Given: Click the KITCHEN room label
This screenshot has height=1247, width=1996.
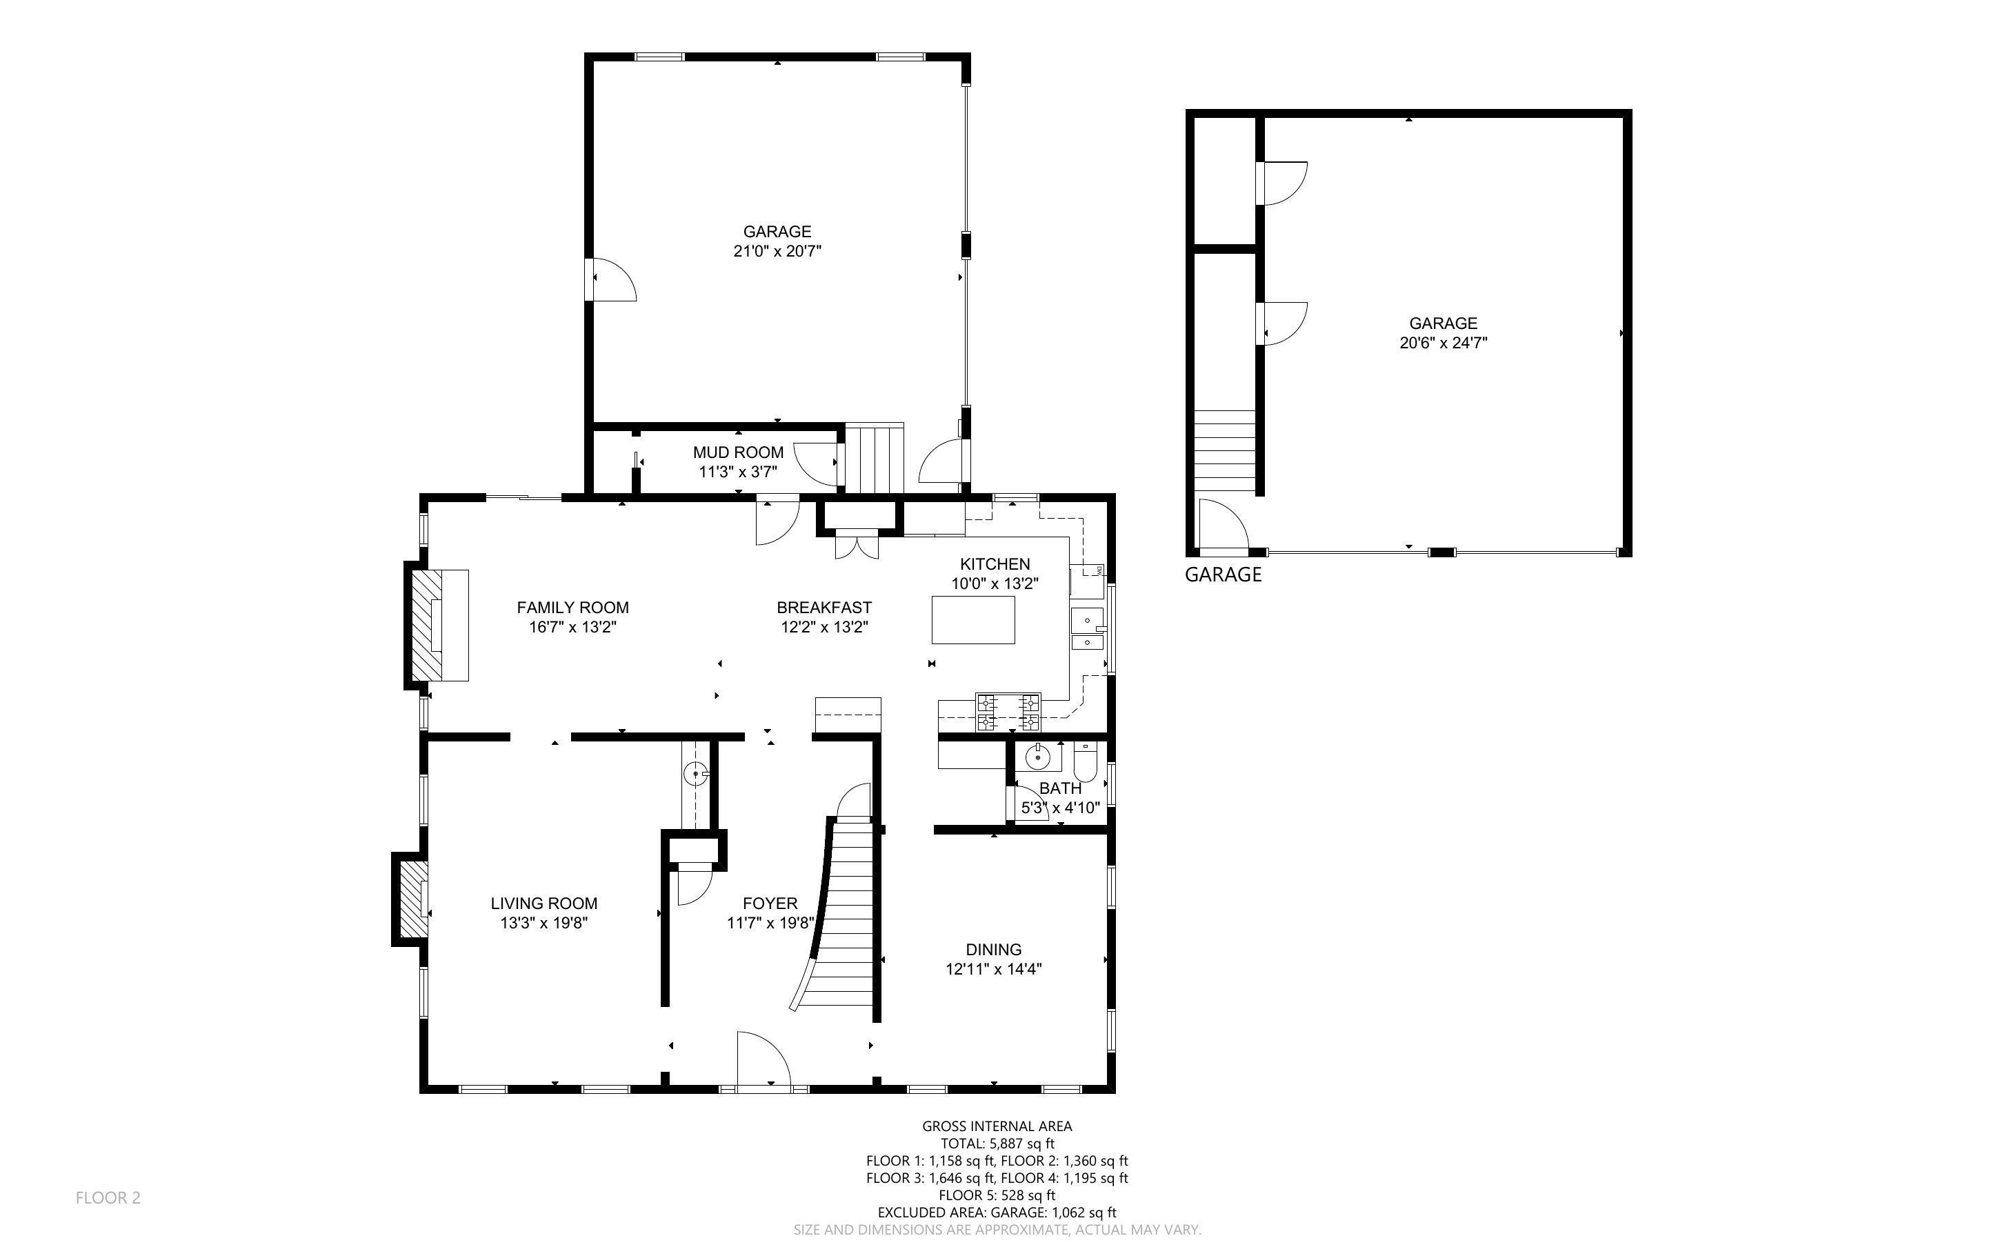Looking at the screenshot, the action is point(995,564).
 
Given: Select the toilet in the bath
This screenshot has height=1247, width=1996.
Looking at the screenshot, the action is point(1085,763).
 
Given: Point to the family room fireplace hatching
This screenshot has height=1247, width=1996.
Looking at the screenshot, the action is point(427,624).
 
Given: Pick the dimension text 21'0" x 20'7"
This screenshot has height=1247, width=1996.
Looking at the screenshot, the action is point(777,251).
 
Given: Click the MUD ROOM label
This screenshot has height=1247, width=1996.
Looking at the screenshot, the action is point(738,452).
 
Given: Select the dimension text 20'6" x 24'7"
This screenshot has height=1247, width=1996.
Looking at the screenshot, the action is point(1443,342).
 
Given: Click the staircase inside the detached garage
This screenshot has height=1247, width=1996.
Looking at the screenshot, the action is point(1225,451).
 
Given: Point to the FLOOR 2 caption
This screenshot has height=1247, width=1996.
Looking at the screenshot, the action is point(108,1197).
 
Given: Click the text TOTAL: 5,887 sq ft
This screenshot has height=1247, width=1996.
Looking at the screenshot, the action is point(997,1143).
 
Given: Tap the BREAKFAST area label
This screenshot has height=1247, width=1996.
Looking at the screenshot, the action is point(824,607).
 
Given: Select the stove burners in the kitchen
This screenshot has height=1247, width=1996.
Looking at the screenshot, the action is point(1008,712).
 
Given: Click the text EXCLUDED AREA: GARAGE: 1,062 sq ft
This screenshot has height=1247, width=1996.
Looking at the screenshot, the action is point(997,1213).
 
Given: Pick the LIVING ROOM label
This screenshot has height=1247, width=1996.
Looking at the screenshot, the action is point(543,903).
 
